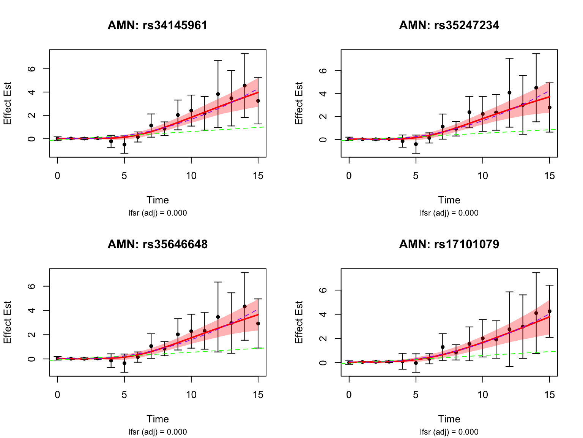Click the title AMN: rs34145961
tap(158, 25)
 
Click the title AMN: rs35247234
tap(449, 25)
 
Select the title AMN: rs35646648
tap(158, 244)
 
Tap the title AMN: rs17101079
tap(449, 244)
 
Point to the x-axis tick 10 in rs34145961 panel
tap(191, 176)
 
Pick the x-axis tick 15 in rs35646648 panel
tap(258, 395)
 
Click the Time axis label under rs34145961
tap(158, 200)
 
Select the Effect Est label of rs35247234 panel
tap(299, 103)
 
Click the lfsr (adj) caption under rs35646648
tap(158, 432)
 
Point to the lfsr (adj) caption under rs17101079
tap(449, 432)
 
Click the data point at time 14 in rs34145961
tap(245, 86)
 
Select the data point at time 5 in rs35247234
tap(416, 144)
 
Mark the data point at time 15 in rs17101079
tap(550, 311)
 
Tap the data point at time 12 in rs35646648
tap(218, 317)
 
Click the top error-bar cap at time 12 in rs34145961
tap(218, 60)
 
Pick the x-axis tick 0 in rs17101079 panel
tap(349, 395)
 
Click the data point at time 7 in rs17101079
tap(443, 347)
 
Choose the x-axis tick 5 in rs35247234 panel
tap(416, 176)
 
